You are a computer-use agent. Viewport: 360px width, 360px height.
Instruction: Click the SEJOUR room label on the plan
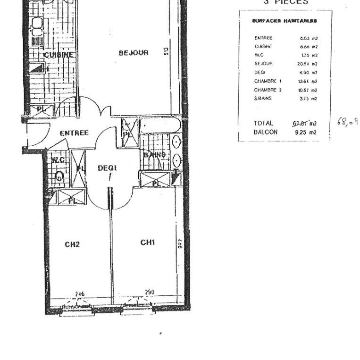[134, 53]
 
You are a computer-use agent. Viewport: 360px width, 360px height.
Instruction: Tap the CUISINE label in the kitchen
[59, 55]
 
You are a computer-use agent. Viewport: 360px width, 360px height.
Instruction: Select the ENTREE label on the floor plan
[74, 133]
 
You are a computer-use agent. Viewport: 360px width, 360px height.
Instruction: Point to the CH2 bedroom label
[72, 244]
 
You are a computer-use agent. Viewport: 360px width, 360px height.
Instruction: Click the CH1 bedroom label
[148, 242]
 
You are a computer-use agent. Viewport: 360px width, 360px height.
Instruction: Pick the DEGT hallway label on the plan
[107, 167]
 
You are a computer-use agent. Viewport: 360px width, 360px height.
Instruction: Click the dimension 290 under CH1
[150, 293]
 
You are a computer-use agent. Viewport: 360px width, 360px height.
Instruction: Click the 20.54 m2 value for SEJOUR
[309, 64]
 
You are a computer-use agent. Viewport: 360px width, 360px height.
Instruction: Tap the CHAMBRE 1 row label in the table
[268, 81]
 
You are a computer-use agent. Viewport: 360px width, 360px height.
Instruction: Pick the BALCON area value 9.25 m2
[305, 133]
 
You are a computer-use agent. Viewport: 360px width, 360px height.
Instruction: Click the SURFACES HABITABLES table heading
[284, 21]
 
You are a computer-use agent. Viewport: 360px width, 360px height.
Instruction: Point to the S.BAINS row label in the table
[263, 98]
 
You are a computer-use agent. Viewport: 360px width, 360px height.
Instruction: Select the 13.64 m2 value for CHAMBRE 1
[309, 81]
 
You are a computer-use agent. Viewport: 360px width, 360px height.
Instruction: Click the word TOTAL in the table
[263, 124]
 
